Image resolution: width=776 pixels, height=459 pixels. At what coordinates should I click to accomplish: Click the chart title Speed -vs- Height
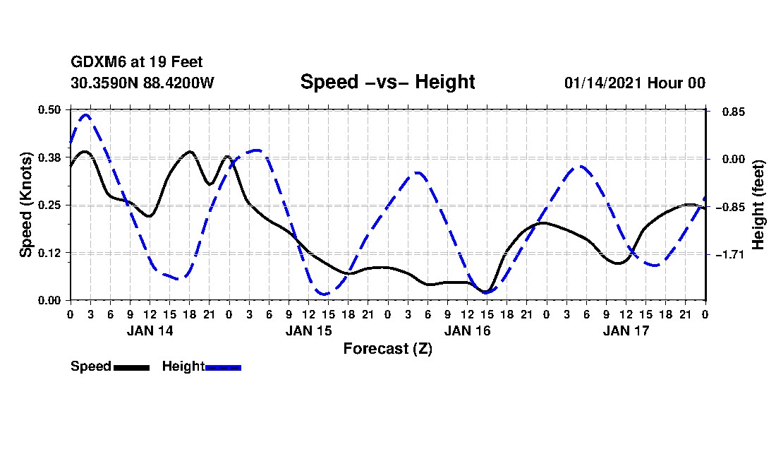pyautogui.click(x=387, y=82)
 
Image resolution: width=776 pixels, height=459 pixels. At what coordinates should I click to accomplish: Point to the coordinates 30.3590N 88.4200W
pyautogui.click(x=142, y=83)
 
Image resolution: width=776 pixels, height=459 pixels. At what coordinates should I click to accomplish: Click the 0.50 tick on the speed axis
pyautogui.click(x=50, y=109)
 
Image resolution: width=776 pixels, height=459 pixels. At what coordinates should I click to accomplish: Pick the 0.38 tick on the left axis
pyautogui.click(x=50, y=157)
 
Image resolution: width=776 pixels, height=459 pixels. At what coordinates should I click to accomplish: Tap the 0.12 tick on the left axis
pyautogui.click(x=50, y=253)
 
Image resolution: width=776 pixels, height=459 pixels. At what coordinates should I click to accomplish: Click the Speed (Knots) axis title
pyautogui.click(x=25, y=205)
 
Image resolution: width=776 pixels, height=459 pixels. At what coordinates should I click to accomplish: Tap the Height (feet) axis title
pyautogui.click(x=758, y=205)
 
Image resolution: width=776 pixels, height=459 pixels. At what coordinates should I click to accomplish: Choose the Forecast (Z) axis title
pyautogui.click(x=387, y=348)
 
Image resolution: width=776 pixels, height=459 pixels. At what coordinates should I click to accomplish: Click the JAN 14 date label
pyautogui.click(x=150, y=330)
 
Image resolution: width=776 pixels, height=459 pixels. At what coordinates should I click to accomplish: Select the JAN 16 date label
pyautogui.click(x=468, y=330)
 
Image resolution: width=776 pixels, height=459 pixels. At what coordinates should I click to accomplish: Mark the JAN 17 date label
pyautogui.click(x=626, y=330)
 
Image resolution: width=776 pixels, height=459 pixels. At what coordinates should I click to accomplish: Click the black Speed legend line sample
pyautogui.click(x=131, y=367)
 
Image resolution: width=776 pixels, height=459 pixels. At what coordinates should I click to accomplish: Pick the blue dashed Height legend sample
pyautogui.click(x=223, y=367)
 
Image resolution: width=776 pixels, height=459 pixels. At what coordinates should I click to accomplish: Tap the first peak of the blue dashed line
pyautogui.click(x=86, y=114)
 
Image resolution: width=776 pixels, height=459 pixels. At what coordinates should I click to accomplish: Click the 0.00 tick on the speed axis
pyautogui.click(x=50, y=300)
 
